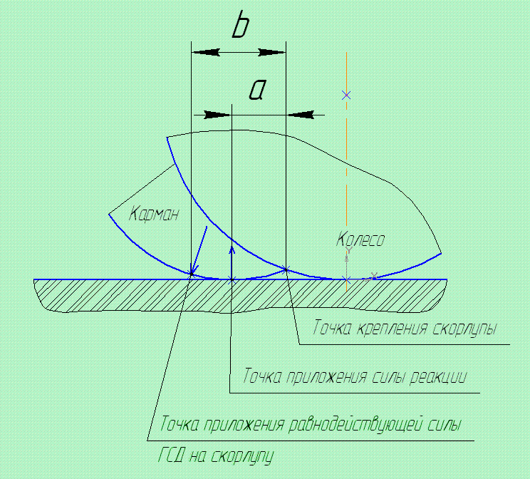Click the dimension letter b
[241, 27]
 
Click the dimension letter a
[258, 91]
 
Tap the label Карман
[154, 213]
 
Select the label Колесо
[360, 240]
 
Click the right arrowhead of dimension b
[271, 52]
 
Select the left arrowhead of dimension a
[217, 115]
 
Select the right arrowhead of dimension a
[300, 115]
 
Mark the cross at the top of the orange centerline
[346, 95]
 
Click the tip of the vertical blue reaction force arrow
[232, 246]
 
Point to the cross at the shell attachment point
[286, 269]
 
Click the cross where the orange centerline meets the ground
[346, 279]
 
